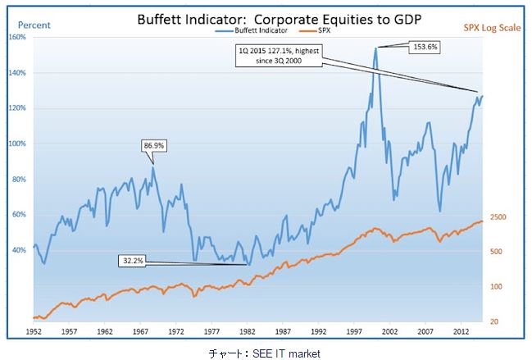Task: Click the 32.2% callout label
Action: coord(132,261)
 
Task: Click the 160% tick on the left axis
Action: coord(16,38)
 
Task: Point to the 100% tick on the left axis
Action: coord(16,144)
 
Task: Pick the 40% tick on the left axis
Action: coord(18,250)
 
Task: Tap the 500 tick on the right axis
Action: coord(499,251)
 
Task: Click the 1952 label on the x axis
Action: coord(34,332)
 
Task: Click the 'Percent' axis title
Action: coord(28,25)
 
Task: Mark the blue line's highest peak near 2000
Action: coord(376,48)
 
